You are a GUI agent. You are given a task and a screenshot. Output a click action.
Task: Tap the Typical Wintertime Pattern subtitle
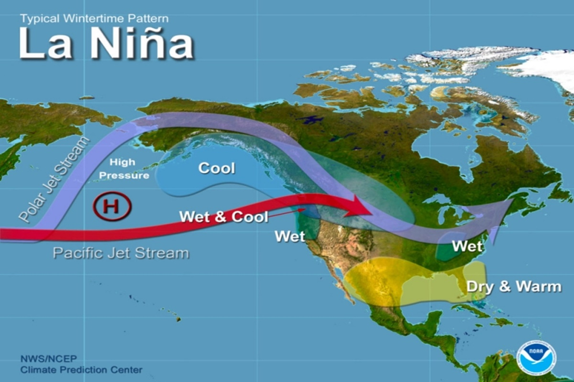[x=94, y=19]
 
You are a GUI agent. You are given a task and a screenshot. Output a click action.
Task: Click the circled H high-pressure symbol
[x=112, y=207]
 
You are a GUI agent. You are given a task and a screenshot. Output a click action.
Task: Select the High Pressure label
[x=124, y=169]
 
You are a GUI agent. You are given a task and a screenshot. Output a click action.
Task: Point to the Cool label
[x=217, y=168]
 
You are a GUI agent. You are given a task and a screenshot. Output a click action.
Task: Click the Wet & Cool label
[x=223, y=216]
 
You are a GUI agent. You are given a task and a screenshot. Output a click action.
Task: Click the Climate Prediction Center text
[x=81, y=370]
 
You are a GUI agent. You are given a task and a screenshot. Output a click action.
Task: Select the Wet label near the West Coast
[x=290, y=236]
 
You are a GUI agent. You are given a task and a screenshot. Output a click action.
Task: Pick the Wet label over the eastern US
[x=467, y=247]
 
